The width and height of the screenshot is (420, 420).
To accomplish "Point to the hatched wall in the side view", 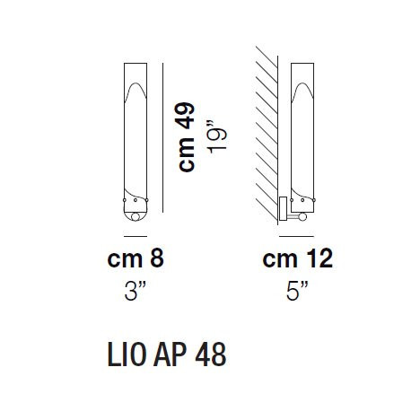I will pyautogui.click(x=267, y=135).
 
